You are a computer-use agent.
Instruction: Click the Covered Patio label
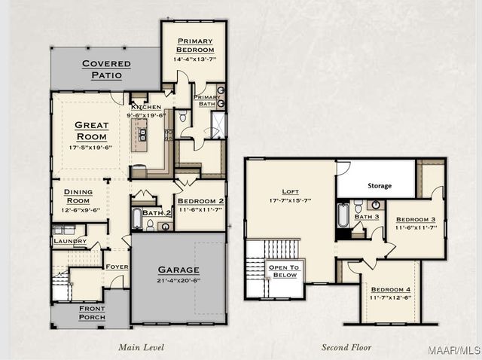click(106, 69)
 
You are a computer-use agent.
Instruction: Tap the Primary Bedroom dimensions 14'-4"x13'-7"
click(195, 59)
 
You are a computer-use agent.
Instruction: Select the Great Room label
click(92, 131)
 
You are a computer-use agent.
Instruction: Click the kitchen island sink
click(142, 135)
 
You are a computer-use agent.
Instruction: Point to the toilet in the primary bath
click(182, 116)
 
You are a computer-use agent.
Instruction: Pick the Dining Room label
click(78, 196)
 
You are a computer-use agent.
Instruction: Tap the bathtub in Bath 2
click(137, 218)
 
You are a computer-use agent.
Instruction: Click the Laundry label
click(70, 241)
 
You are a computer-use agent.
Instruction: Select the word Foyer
click(117, 267)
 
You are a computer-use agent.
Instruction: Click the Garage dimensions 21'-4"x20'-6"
click(178, 280)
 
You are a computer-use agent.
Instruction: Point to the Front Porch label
click(92, 313)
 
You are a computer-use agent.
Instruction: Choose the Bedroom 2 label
click(201, 201)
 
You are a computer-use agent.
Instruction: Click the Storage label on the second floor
click(380, 186)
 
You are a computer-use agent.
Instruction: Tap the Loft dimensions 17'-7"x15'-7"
click(291, 201)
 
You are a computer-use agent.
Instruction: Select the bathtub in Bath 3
click(343, 215)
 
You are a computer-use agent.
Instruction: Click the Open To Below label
click(284, 271)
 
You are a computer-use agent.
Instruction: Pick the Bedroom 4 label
click(391, 289)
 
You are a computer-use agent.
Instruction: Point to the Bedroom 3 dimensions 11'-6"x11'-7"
click(416, 227)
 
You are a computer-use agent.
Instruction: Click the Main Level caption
click(141, 347)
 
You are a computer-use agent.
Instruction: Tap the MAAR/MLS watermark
click(453, 350)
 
